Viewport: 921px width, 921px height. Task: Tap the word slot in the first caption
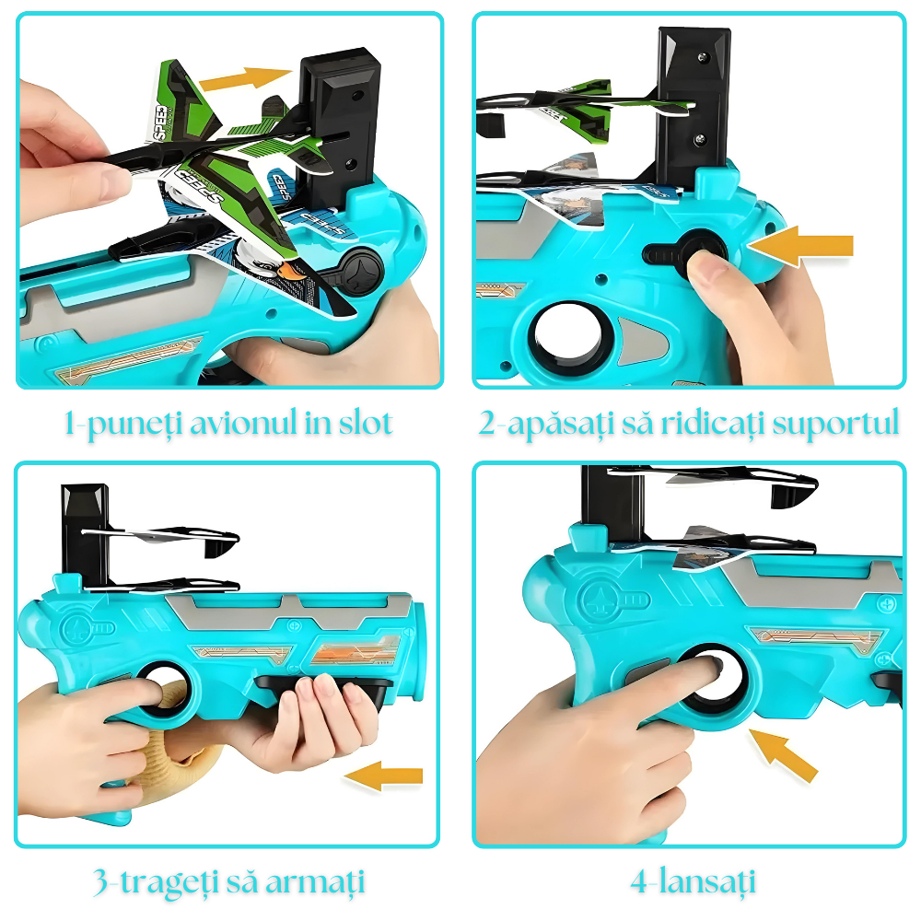[366, 423]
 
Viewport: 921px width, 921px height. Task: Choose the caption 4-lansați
[693, 882]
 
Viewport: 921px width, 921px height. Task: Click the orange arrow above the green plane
[245, 78]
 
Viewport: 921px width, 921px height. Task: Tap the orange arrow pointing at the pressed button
[800, 246]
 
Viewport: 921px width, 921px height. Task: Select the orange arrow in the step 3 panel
[383, 775]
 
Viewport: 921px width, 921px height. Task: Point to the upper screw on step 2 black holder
[702, 57]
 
